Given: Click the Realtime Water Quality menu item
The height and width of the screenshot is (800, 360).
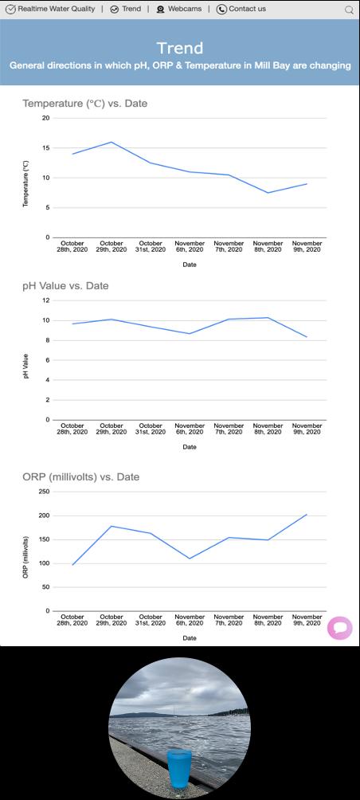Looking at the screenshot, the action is (50, 9).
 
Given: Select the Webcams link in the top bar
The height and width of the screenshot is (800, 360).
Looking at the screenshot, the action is (178, 9).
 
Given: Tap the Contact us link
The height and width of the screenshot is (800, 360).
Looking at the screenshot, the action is (241, 9).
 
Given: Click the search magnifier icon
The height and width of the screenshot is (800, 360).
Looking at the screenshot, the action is (350, 10).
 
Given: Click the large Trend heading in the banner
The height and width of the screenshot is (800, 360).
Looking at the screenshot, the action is (180, 48).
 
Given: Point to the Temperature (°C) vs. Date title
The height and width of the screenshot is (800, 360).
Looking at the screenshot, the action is (84, 104).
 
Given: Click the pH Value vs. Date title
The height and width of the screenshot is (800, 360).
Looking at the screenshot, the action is (65, 286).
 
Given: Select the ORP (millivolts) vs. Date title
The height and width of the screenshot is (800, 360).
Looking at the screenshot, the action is (80, 477).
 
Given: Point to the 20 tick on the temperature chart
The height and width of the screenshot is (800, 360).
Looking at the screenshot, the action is (46, 118).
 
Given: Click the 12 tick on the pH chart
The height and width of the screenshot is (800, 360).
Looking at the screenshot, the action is (46, 300).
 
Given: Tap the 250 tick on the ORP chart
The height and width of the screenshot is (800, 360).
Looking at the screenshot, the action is (45, 492).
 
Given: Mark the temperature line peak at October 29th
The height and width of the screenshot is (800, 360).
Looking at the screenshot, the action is (112, 142).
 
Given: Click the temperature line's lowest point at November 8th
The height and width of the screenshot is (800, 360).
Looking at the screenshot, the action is (268, 193).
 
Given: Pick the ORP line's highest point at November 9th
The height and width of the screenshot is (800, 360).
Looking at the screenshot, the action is (307, 514).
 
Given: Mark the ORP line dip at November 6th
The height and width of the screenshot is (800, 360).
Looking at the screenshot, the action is (190, 558).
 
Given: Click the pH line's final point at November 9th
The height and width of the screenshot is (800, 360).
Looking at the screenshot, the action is (307, 337).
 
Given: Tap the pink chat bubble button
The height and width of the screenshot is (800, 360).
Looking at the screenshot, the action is (340, 628).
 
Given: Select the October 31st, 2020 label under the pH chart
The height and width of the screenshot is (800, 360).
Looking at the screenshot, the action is (151, 429).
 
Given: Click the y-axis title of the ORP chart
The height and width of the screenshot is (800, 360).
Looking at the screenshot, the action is (25, 557).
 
